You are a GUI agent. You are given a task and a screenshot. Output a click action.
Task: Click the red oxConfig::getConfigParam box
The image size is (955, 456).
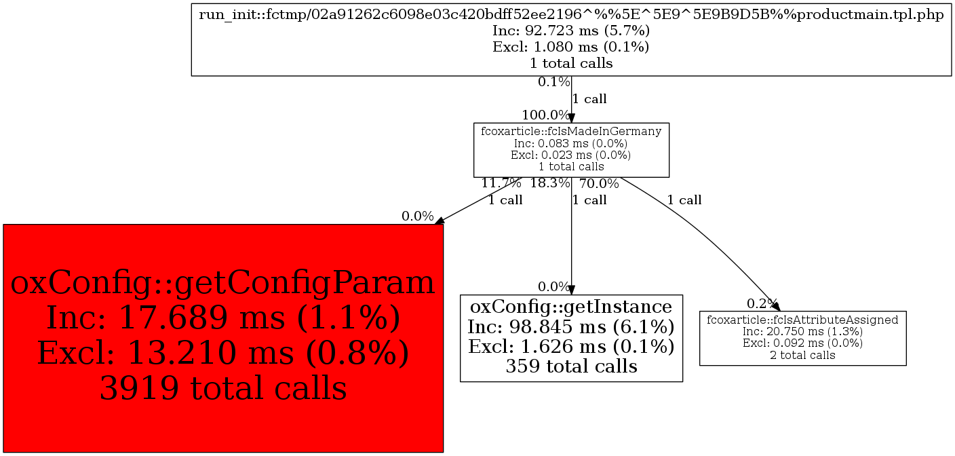point(223,338)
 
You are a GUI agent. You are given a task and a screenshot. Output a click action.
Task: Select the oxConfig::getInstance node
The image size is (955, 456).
point(571,338)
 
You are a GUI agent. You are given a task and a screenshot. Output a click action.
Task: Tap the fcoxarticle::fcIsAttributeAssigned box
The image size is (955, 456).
point(803,338)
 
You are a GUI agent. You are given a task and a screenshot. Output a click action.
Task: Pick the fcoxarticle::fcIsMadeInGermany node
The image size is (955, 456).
point(571,150)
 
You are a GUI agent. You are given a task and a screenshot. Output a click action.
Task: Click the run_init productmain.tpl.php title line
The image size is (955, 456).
point(571,14)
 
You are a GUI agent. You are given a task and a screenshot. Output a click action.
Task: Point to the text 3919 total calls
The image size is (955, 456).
point(223,388)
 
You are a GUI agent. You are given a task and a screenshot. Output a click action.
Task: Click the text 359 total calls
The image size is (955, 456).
point(571,366)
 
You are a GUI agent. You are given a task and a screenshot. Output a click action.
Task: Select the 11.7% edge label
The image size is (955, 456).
point(501,183)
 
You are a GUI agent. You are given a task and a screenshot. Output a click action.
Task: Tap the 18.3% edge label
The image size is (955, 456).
point(550,183)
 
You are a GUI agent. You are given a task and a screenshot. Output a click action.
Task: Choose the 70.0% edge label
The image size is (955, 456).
point(599,183)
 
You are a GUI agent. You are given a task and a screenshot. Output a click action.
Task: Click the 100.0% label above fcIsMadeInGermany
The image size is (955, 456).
point(546,115)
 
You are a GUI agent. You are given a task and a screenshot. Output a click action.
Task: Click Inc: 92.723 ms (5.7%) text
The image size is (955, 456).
point(571,31)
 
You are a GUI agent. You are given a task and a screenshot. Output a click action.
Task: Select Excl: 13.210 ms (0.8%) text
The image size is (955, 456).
point(223,353)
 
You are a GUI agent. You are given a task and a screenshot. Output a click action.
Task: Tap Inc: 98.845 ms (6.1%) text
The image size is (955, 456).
point(571,327)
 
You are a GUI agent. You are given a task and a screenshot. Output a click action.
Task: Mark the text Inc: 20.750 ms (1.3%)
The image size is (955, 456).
point(803,331)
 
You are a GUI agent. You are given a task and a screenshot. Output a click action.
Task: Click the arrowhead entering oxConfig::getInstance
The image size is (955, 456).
point(571,290)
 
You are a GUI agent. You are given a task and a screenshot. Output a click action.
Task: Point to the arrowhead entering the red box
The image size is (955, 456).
point(440,220)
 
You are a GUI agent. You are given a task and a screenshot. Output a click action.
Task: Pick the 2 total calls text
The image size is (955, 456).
point(803,355)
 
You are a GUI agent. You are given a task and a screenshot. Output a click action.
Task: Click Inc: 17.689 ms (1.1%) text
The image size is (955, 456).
point(223,318)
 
